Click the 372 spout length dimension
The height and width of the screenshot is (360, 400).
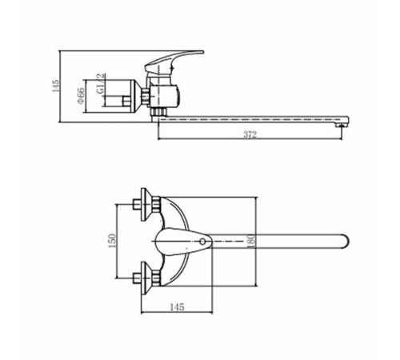pos(250,134)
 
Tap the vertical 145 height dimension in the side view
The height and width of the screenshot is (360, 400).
pos(56,86)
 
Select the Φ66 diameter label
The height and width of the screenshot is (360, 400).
pos(81,95)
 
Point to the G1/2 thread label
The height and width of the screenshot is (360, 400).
pos(101,84)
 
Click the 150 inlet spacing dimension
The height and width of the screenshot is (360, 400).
pos(112,241)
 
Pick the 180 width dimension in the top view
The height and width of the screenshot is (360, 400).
pos(251,241)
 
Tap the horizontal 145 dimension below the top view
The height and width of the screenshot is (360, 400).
pos(177,307)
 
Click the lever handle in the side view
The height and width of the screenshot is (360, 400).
pos(174,62)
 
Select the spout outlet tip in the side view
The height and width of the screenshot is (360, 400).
pos(342,125)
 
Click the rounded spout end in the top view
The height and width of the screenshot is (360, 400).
pos(346,242)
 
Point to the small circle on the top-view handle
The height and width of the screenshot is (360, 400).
pos(202,242)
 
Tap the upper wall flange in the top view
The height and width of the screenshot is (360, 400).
pos(145,205)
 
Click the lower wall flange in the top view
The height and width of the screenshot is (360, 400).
pos(145,278)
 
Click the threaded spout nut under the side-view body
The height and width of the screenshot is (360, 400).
pos(158,111)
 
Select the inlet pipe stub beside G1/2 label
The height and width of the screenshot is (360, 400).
pos(126,102)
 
